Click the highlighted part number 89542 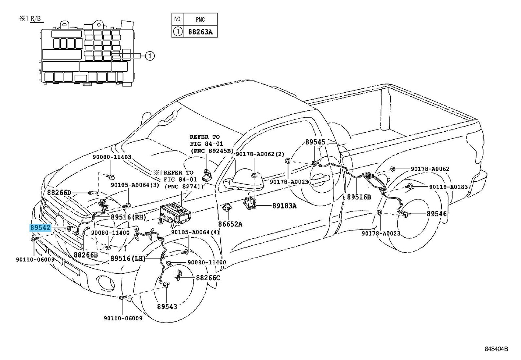[40, 228]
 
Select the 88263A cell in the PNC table [200, 32]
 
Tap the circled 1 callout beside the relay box [150, 56]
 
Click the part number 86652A [230, 224]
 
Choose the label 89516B [359, 197]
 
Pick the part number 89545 [315, 142]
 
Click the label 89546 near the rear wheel [437, 214]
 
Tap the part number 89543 [167, 307]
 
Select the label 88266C [208, 278]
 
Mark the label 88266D [59, 193]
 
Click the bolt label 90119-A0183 [448, 187]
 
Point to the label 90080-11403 [112, 157]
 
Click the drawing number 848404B [496, 349]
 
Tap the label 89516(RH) [128, 217]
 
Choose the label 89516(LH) [128, 258]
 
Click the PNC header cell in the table [200, 19]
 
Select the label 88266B [86, 255]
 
